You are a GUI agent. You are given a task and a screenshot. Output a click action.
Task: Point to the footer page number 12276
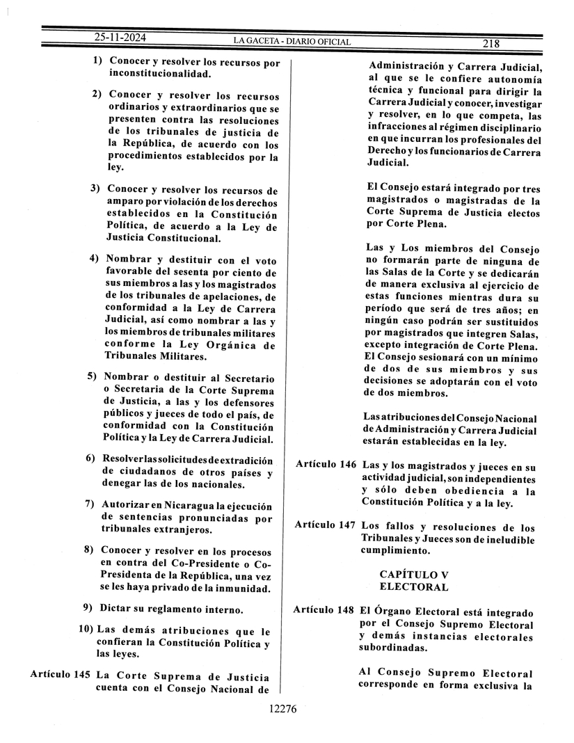(x=282, y=710)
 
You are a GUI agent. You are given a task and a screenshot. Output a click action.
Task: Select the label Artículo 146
(x=326, y=464)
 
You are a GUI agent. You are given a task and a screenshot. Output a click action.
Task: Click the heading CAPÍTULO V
(x=413, y=574)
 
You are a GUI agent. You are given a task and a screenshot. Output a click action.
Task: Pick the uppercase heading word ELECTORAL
(x=413, y=586)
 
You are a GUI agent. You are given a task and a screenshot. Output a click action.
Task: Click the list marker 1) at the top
(x=98, y=61)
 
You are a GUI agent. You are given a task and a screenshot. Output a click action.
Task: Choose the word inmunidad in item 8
(x=243, y=589)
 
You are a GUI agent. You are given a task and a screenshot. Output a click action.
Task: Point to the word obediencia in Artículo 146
(x=454, y=491)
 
